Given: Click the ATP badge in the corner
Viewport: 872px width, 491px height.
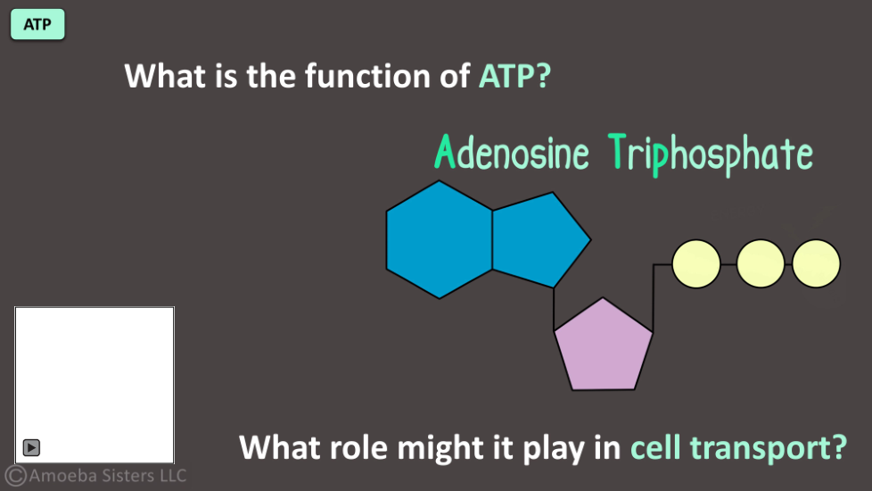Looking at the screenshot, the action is pyautogui.click(x=37, y=24).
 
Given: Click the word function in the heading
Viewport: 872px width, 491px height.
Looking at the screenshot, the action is pyautogui.click(x=367, y=76).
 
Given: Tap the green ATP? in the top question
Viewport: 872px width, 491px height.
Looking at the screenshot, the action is pyautogui.click(x=515, y=76).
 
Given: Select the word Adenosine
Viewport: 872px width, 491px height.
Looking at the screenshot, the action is pyautogui.click(x=511, y=152).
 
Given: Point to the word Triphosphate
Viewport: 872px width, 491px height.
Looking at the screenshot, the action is pyautogui.click(x=710, y=154).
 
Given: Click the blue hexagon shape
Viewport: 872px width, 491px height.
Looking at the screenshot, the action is pyautogui.click(x=440, y=239).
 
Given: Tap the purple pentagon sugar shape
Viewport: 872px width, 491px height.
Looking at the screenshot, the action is pyautogui.click(x=604, y=346).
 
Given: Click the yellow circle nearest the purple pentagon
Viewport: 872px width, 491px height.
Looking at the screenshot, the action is pyautogui.click(x=696, y=264).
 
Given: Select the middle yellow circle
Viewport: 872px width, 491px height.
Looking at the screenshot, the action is pyautogui.click(x=761, y=264).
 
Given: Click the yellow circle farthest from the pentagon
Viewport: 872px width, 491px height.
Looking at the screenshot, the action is pyautogui.click(x=816, y=264).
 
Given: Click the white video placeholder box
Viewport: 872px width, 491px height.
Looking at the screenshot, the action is pyautogui.click(x=95, y=385).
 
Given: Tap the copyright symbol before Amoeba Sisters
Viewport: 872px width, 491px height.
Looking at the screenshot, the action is pyautogui.click(x=15, y=476).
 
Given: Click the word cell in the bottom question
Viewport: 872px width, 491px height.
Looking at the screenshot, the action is pyautogui.click(x=655, y=447).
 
